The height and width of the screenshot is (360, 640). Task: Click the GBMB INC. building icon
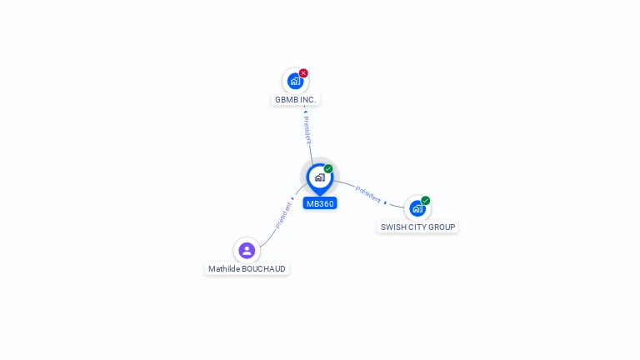tap(295, 81)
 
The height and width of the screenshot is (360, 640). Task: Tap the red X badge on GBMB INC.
tap(303, 73)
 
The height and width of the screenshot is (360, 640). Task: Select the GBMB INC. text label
tap(296, 100)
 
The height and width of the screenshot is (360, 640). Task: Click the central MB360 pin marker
tap(320, 179)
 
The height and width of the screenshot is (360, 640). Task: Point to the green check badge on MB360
tap(328, 168)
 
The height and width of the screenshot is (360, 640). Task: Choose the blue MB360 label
tap(320, 203)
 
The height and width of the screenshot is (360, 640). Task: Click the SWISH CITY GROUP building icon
tap(417, 208)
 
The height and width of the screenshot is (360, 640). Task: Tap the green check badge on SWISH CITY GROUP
tap(425, 200)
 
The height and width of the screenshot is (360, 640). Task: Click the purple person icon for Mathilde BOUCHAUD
tap(247, 251)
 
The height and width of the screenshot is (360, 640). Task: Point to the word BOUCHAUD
tap(263, 269)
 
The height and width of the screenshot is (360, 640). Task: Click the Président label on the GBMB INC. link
tap(307, 130)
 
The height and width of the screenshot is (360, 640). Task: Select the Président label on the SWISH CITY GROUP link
tap(368, 194)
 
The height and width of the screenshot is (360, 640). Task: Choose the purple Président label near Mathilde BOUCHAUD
tap(283, 216)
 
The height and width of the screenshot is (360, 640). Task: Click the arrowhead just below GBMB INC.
tap(306, 112)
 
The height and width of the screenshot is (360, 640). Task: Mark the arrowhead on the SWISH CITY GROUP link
tap(385, 202)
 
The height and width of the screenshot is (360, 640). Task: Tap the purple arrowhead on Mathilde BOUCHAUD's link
tap(292, 199)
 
